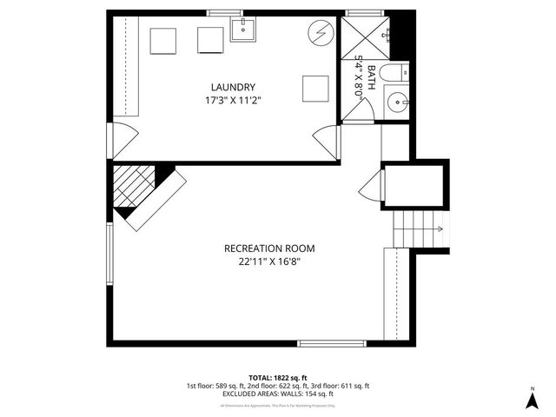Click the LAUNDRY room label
(233, 87)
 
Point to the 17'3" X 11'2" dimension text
(233, 101)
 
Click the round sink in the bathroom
(400, 102)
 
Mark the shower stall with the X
(361, 35)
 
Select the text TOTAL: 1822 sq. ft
(277, 377)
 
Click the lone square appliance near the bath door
(315, 89)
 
